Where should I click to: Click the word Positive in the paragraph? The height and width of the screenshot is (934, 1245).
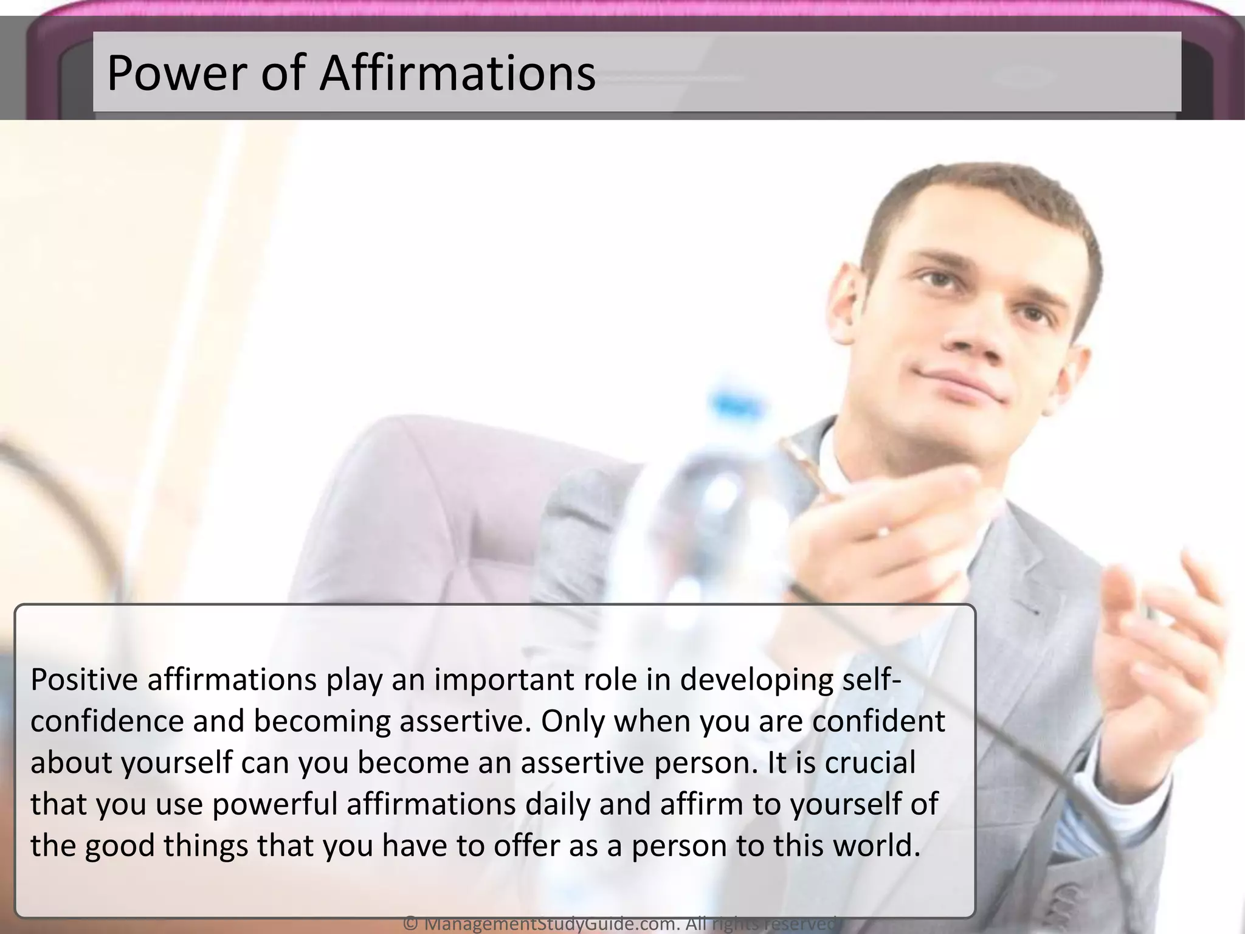[84, 680]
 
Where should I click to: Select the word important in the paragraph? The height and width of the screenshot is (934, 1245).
[503, 680]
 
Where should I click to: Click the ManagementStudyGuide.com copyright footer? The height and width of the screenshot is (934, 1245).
[620, 924]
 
